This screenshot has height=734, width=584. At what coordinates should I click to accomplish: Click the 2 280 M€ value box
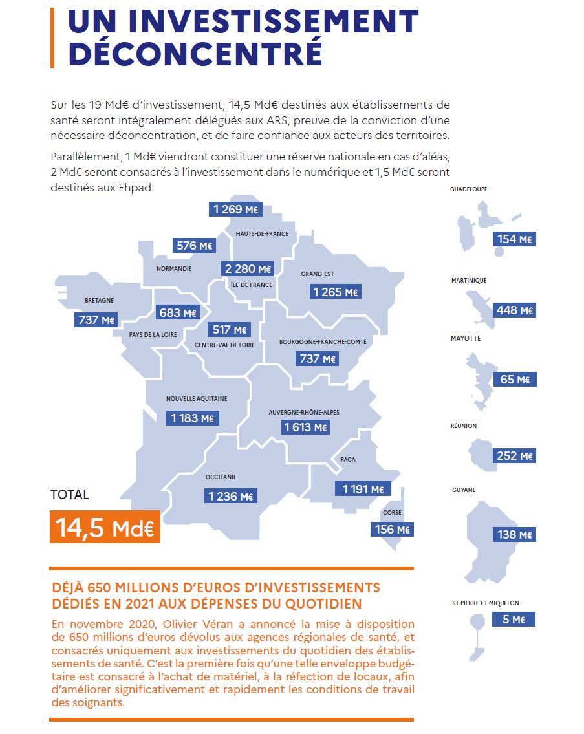click(x=248, y=268)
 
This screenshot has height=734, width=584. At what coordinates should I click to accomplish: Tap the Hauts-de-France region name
click(x=262, y=233)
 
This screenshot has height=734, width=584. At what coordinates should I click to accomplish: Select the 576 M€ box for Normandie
click(x=194, y=245)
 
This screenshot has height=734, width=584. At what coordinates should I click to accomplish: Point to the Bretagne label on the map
click(x=100, y=300)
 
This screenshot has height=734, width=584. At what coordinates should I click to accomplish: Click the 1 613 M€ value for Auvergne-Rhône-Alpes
click(x=305, y=427)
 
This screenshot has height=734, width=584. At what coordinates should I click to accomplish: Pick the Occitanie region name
click(x=221, y=477)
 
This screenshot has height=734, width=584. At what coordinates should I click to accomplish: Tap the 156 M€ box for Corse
click(x=392, y=530)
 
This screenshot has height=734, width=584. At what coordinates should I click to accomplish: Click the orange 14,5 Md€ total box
click(x=105, y=526)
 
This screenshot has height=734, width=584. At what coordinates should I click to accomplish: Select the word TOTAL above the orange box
click(x=69, y=494)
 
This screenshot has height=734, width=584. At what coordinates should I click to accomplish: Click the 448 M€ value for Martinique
click(x=514, y=310)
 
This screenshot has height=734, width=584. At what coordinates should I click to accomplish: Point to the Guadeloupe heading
click(x=468, y=189)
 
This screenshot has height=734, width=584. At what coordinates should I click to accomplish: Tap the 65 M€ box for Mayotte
click(x=515, y=379)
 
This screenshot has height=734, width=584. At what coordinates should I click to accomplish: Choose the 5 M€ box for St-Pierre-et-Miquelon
click(x=514, y=620)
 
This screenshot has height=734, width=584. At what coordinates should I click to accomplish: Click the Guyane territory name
click(x=464, y=490)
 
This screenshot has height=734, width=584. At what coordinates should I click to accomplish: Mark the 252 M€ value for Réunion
click(x=514, y=455)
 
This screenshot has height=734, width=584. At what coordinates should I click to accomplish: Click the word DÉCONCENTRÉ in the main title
click(x=196, y=53)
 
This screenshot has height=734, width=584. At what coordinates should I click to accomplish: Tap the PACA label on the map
click(x=348, y=459)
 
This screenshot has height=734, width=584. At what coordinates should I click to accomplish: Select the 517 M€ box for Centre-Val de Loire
click(x=229, y=330)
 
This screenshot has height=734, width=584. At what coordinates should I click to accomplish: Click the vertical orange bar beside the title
click(x=52, y=38)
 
